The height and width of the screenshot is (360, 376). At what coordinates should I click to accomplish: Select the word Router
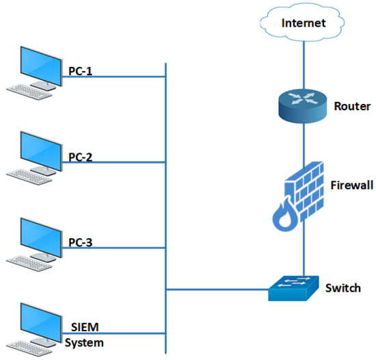352,106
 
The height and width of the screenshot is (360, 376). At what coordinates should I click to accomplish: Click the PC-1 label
80,71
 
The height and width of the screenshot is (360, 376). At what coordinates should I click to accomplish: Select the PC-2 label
80,157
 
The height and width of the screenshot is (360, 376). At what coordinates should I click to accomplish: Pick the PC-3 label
80,242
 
